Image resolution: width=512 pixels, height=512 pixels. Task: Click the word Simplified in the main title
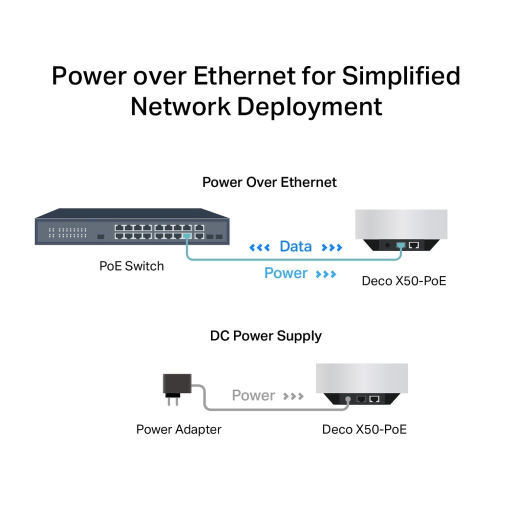(400, 76)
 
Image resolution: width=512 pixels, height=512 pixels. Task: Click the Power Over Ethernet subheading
(269, 182)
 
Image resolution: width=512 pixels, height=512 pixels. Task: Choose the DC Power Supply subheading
(265, 335)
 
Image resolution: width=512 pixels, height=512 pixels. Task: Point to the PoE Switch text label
(131, 266)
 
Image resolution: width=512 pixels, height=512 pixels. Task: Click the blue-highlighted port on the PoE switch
(186, 235)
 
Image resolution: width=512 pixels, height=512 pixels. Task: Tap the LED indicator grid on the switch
(67, 232)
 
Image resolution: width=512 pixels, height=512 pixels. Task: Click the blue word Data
(295, 246)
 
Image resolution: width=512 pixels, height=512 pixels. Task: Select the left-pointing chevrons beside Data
(259, 247)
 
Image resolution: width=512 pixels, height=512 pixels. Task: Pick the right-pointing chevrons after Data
(332, 247)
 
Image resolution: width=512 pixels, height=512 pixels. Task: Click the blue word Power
(286, 273)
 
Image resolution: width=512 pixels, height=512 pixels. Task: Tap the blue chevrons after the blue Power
(326, 274)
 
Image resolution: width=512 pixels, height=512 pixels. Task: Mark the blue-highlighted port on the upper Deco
(401, 245)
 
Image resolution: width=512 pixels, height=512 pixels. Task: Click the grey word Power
(253, 395)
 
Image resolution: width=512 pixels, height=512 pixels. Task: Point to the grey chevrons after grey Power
(293, 396)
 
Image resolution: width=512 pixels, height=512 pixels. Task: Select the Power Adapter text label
(178, 429)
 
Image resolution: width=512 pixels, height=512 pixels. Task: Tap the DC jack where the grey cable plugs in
(348, 399)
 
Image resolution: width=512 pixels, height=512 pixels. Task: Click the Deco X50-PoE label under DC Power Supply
(364, 429)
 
